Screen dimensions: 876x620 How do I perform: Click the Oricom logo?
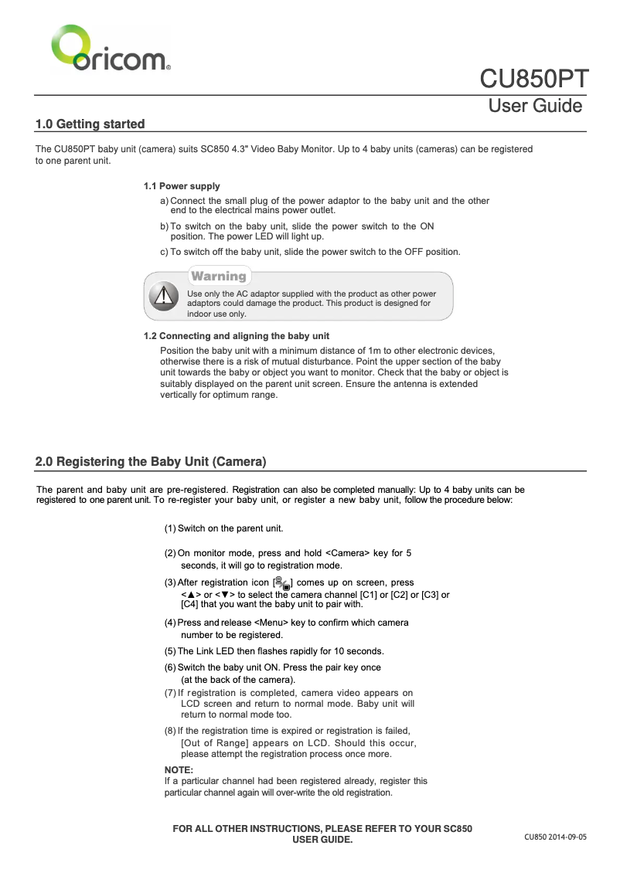[111, 49]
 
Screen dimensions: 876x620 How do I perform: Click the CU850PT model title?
[534, 80]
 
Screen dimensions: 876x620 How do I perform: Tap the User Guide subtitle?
[535, 106]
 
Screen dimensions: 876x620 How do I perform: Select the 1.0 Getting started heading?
[90, 124]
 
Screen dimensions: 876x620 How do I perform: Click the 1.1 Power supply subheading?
[182, 186]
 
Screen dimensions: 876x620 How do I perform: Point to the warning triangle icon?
[163, 295]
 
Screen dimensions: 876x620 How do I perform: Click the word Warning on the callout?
[219, 276]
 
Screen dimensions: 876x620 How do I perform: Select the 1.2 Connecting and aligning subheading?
[237, 336]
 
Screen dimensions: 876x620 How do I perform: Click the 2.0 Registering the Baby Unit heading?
[151, 462]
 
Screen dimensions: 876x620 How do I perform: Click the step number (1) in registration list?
[170, 528]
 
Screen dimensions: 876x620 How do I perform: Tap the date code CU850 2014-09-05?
[555, 837]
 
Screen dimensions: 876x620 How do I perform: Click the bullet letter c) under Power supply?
[164, 252]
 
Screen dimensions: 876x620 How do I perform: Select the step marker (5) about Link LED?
[170, 651]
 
